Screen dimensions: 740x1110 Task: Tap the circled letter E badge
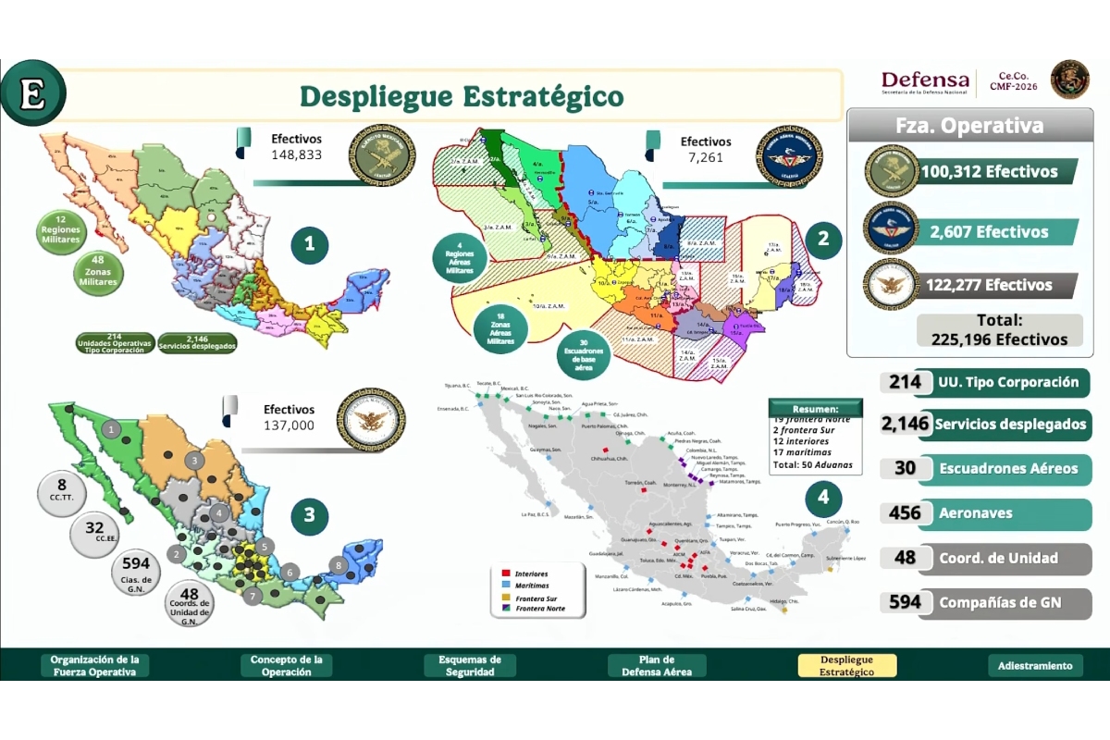pyautogui.click(x=32, y=92)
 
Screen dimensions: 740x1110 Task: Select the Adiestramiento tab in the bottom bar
pyautogui.click(x=1035, y=666)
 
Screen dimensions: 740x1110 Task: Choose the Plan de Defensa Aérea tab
pyautogui.click(x=658, y=666)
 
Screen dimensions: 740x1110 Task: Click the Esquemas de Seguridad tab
pyautogui.click(x=469, y=666)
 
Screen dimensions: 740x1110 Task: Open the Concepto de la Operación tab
pyautogui.click(x=286, y=666)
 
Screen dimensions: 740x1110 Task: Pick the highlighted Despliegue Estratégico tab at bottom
pyautogui.click(x=846, y=666)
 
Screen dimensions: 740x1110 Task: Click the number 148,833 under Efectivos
pyautogui.click(x=296, y=155)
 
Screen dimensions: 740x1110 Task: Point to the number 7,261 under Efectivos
pyautogui.click(x=706, y=158)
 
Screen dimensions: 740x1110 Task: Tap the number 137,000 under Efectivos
pyautogui.click(x=289, y=425)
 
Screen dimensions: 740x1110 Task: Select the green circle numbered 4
pyautogui.click(x=822, y=499)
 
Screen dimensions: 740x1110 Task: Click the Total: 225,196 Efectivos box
pyautogui.click(x=999, y=330)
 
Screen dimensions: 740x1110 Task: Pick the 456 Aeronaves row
pyautogui.click(x=985, y=513)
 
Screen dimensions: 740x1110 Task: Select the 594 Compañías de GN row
pyautogui.click(x=985, y=603)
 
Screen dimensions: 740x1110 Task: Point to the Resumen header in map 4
pyautogui.click(x=815, y=408)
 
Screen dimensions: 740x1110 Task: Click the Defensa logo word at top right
pyautogui.click(x=924, y=80)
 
